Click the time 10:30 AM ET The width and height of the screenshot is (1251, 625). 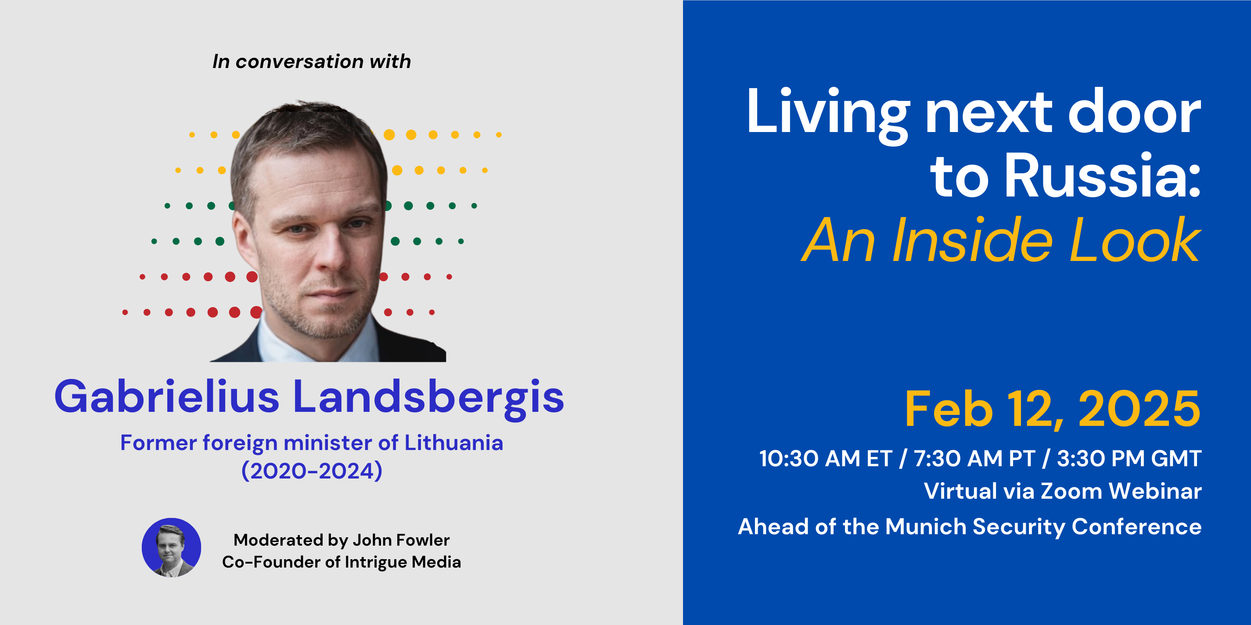(826, 459)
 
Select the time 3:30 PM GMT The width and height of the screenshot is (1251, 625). (1129, 459)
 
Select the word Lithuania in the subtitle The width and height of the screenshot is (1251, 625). (453, 443)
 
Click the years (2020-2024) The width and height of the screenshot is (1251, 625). (312, 471)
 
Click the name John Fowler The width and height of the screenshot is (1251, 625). (401, 540)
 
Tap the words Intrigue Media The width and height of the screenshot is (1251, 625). (403, 562)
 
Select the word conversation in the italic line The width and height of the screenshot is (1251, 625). (300, 62)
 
